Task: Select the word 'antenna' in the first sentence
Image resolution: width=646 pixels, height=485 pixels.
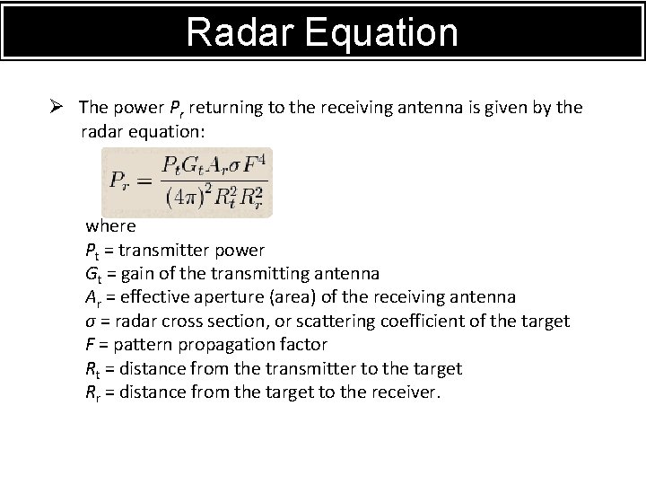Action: point(438,108)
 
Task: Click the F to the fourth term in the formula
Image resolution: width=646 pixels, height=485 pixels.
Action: point(255,166)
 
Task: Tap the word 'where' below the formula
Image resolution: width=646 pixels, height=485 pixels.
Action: point(110,226)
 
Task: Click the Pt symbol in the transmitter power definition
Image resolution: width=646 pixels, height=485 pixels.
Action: point(93,251)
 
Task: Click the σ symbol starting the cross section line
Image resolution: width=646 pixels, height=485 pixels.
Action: point(90,322)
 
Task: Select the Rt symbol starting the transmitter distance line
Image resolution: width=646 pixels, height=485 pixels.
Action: point(93,369)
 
